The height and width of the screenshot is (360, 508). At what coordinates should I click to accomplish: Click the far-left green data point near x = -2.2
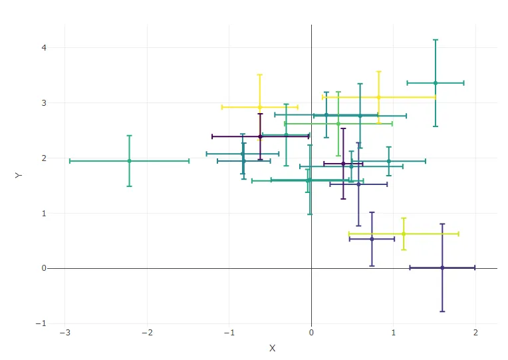point(129,160)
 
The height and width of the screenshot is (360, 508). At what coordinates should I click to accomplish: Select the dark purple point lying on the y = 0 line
point(442,268)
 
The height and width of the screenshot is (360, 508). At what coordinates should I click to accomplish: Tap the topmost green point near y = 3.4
point(436,83)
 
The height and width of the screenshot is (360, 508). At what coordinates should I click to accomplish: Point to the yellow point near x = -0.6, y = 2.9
point(260,106)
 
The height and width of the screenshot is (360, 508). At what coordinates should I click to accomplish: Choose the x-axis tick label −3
point(64,333)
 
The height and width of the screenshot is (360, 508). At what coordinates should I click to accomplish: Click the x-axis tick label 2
point(475,333)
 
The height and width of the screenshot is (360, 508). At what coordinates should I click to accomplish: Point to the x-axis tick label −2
point(147,333)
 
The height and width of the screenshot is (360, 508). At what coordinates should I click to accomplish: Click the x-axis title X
point(272,349)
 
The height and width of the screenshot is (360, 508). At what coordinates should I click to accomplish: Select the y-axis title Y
point(18,175)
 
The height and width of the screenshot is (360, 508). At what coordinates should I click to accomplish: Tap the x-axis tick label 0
point(311,333)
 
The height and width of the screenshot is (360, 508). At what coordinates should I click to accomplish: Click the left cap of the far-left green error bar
point(70,160)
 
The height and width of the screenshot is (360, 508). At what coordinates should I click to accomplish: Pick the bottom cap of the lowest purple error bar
point(442,311)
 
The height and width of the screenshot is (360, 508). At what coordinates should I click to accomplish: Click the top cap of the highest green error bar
point(436,40)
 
